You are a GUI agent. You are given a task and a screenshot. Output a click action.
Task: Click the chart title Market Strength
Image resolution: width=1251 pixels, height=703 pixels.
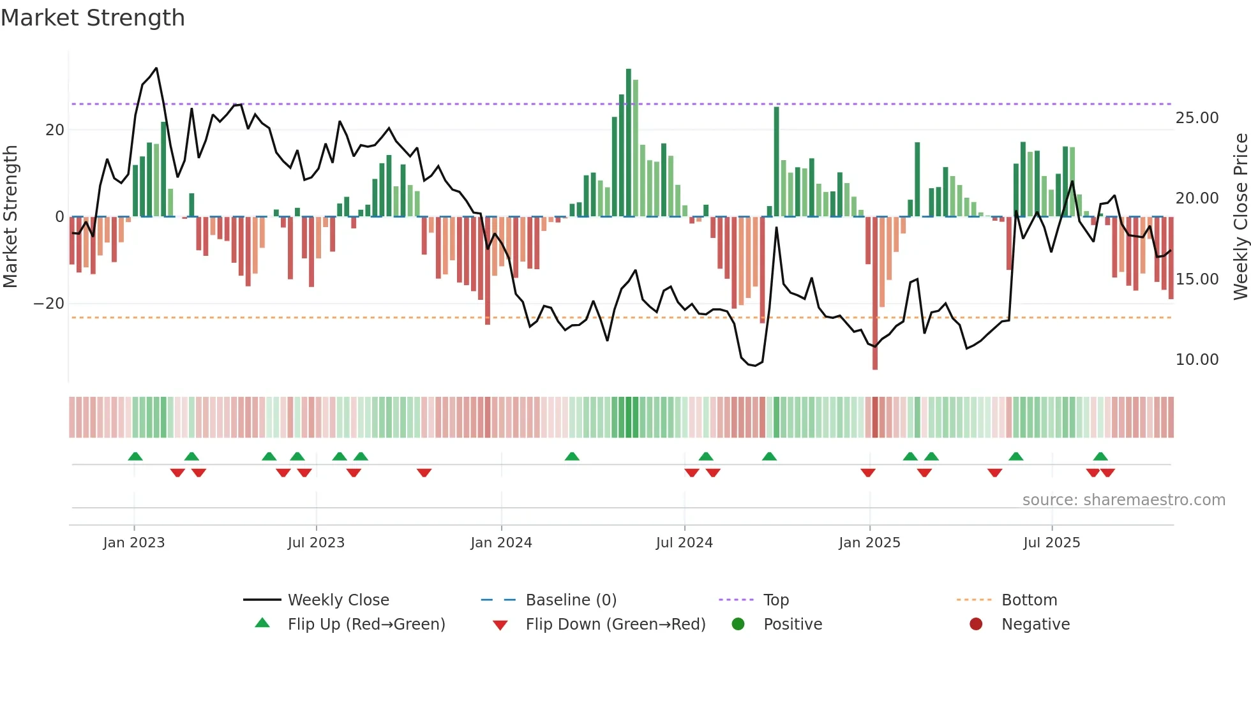point(93,18)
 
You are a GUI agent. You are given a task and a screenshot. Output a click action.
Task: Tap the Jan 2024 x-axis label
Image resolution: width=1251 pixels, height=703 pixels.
point(501,543)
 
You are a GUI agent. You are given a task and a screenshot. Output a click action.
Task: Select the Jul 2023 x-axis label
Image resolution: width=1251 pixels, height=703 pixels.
point(316,543)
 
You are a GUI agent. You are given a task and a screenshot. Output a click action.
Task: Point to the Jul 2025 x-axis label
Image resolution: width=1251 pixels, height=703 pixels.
point(1051,543)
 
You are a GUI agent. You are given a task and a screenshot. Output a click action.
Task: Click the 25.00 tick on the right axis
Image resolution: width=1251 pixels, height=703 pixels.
point(1197,118)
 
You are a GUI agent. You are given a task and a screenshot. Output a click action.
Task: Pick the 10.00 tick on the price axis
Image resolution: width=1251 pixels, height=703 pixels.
point(1197,360)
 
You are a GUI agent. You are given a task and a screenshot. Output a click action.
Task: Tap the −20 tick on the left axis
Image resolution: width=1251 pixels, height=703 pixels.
point(49,304)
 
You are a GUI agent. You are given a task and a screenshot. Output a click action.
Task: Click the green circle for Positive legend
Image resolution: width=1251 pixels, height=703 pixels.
point(738,625)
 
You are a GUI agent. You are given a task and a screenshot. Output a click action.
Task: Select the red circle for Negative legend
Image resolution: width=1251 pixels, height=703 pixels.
point(976,625)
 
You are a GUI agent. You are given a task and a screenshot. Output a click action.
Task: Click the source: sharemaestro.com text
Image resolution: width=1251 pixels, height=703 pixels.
point(1123,500)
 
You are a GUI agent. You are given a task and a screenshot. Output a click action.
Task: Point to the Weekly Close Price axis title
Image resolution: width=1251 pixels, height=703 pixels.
point(1240,217)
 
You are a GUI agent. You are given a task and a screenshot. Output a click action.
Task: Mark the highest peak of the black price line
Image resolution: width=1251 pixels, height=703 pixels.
point(156,68)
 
